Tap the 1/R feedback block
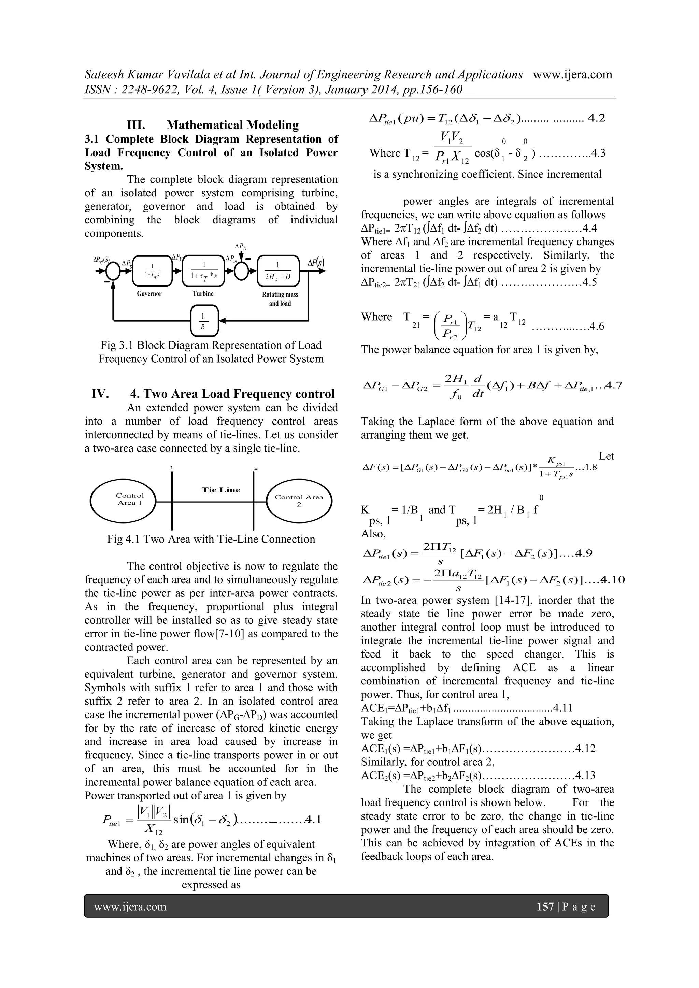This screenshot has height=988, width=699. pos(204,321)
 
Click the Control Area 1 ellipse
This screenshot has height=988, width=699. pos(124,500)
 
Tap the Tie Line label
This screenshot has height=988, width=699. pos(221,490)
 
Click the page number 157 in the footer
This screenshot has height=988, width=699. pos(545,907)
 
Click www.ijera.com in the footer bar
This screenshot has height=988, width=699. pos(130,907)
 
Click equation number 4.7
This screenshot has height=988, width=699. pos(613,385)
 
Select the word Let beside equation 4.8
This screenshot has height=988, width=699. pos(606,456)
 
